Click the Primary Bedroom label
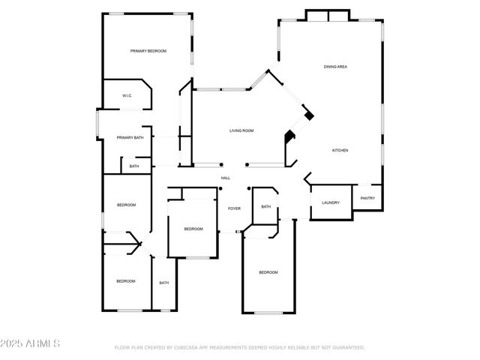[x=148, y=51]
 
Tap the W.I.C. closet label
[x=127, y=96]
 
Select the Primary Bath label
[x=130, y=138]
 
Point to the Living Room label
[x=241, y=131]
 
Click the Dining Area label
[x=335, y=67]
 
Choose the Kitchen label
[x=340, y=151]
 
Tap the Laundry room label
[x=331, y=202]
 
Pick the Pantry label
[x=367, y=198]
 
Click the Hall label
[x=225, y=178]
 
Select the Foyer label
[x=234, y=208]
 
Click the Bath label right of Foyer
[x=266, y=207]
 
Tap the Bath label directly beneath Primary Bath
[x=134, y=166]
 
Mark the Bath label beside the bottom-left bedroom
[x=163, y=283]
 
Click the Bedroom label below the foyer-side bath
[x=268, y=272]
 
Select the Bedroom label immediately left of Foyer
[x=193, y=229]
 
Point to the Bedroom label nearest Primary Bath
[x=126, y=205]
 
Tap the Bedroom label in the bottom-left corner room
[x=125, y=281]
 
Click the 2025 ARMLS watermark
[x=31, y=343]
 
